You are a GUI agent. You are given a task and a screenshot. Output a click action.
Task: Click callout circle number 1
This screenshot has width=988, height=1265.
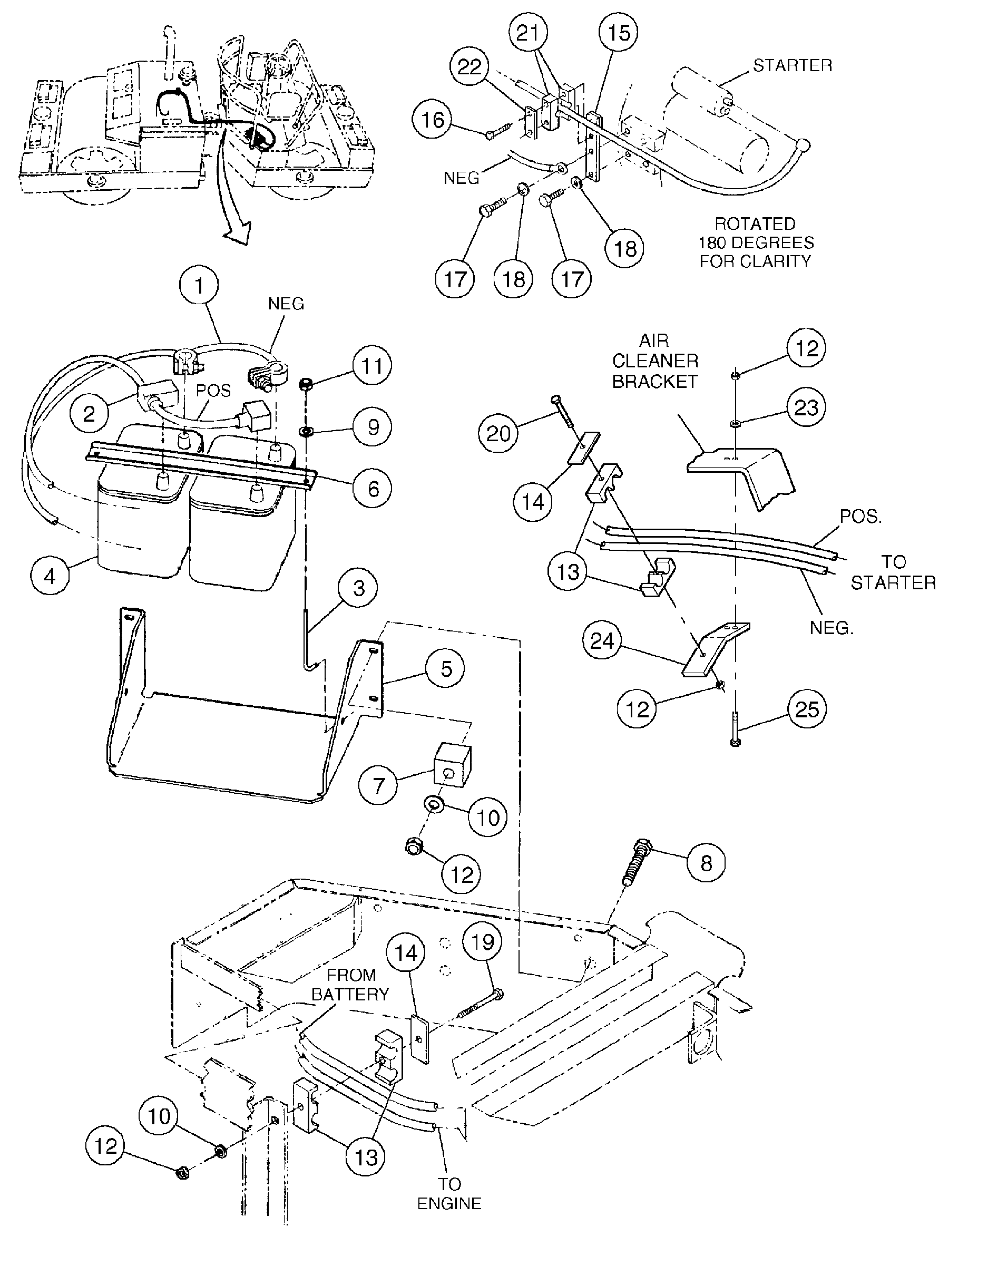pos(199,286)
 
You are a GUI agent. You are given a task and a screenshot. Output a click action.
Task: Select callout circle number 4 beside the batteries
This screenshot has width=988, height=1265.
pos(50,576)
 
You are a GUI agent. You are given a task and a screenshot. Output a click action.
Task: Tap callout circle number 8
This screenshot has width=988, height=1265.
pos(706,863)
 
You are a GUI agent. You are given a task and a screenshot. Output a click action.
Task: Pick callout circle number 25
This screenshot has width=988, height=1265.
pos(807,709)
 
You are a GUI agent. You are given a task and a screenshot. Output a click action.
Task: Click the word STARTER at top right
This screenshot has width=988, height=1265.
pos(793,65)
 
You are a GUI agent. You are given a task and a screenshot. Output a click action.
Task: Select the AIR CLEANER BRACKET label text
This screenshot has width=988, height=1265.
pos(655,361)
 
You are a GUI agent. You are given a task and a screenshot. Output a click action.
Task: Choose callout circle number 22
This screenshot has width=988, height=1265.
pos(469,66)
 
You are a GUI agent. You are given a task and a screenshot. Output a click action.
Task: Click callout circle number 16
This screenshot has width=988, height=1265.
pos(432,119)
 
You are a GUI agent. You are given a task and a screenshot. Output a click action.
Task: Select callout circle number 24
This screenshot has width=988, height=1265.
pos(602,640)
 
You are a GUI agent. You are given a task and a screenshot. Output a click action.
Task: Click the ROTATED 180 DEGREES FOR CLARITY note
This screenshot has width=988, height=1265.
pos(755,242)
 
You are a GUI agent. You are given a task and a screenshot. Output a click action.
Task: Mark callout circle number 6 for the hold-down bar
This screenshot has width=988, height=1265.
pos(373,489)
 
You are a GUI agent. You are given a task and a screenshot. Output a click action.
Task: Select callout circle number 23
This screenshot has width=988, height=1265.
pos(806,408)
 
